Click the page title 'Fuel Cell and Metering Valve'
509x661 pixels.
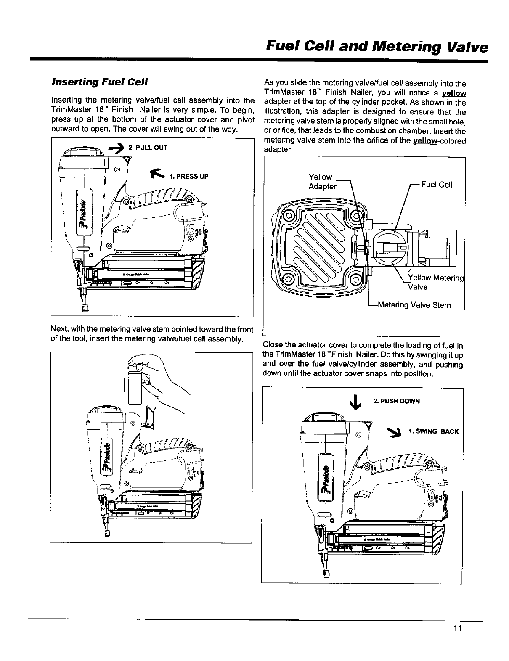[x=376, y=45]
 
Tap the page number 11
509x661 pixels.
[x=458, y=628]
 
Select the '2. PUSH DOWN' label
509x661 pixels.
[x=396, y=401]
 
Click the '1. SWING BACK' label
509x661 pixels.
[x=433, y=431]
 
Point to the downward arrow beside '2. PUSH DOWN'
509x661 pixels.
[x=359, y=402]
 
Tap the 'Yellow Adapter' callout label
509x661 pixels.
[x=323, y=182]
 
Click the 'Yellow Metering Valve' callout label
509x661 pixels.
[x=435, y=282]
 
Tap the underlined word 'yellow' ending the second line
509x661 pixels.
[x=453, y=93]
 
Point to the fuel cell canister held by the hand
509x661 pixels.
[x=136, y=385]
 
